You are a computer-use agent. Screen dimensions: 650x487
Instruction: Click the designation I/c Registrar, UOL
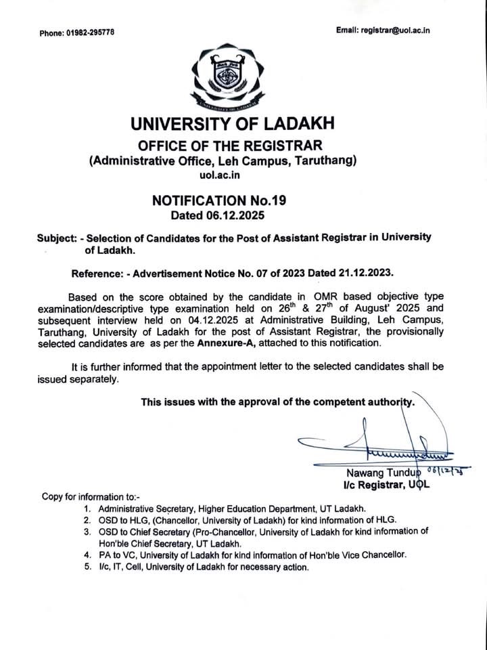386,485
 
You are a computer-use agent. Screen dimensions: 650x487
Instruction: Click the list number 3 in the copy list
87,532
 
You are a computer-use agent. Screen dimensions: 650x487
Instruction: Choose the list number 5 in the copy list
87,567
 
